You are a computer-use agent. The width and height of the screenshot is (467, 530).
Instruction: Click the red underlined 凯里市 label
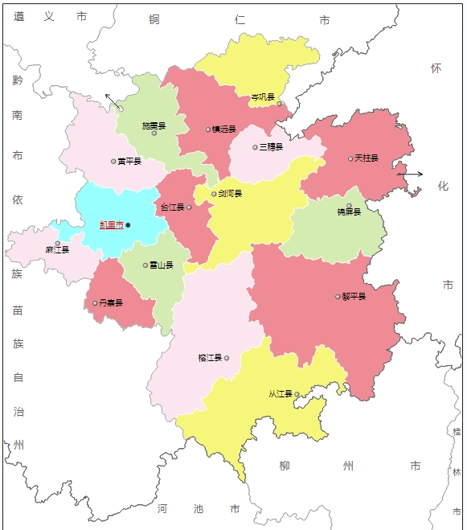pyautogui.click(x=111, y=225)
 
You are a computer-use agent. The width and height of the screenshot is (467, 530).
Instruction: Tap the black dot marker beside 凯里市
pyautogui.click(x=128, y=225)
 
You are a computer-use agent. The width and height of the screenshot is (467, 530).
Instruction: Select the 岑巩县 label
pyautogui.click(x=263, y=97)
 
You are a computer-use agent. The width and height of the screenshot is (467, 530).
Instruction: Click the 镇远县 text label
pyautogui.click(x=224, y=129)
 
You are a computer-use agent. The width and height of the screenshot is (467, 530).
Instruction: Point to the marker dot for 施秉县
pyautogui.click(x=154, y=134)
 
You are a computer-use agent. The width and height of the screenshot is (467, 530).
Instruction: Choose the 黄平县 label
pyautogui.click(x=129, y=162)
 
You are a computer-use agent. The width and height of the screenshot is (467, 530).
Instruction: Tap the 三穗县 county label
pyautogui.click(x=271, y=147)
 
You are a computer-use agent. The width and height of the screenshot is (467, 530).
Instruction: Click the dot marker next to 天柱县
pyautogui.click(x=350, y=158)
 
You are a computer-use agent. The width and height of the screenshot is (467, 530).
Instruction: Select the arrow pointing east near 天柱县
pyautogui.click(x=410, y=174)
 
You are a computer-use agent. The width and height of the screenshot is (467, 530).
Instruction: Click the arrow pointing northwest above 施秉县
pyautogui.click(x=114, y=101)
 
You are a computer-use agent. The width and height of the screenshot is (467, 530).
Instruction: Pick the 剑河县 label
pyautogui.click(x=230, y=194)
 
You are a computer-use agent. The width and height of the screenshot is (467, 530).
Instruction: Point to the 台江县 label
pyautogui.click(x=172, y=207)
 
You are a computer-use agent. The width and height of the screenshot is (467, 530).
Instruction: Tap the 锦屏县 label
pyautogui.click(x=349, y=212)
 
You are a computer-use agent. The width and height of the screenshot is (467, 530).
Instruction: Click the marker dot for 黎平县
pyautogui.click(x=338, y=297)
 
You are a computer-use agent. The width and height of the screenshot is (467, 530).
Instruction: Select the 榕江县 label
pyautogui.click(x=209, y=358)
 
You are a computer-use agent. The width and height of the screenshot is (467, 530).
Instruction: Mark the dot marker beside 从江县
pyautogui.click(x=297, y=394)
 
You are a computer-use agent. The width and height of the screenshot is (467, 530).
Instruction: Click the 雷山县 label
pyautogui.click(x=162, y=265)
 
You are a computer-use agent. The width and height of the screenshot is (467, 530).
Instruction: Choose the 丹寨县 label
pyautogui.click(x=111, y=303)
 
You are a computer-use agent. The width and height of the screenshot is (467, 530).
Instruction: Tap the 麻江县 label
pyautogui.click(x=57, y=250)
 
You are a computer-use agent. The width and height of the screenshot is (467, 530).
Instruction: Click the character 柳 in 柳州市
pyautogui.click(x=285, y=466)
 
